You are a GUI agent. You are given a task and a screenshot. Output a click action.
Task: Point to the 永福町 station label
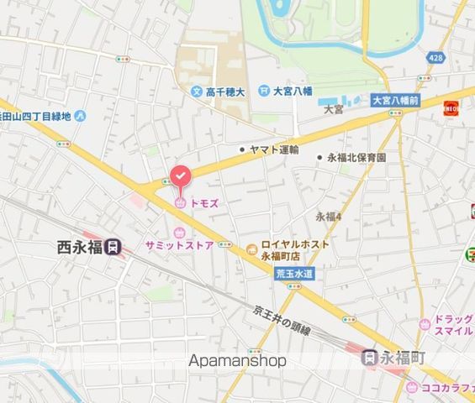pyautogui.click(x=404, y=357)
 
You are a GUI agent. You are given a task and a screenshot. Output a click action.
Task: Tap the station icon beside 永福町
pyautogui.click(x=369, y=357)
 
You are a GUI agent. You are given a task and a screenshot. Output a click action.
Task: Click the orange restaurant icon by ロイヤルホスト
pyautogui.click(x=251, y=246)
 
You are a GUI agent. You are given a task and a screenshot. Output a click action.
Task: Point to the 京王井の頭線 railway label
pyautogui.click(x=282, y=320)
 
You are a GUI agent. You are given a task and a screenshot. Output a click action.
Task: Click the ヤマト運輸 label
pyautogui.click(x=274, y=150)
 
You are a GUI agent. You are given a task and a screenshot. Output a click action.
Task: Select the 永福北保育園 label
pyautogui.click(x=356, y=157)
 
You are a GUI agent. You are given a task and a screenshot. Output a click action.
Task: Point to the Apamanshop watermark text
pyautogui.click(x=237, y=361)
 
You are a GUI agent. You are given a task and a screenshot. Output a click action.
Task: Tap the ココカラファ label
pyautogui.click(x=447, y=388)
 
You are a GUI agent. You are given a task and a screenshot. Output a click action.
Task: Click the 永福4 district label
pyautogui.click(x=329, y=217)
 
